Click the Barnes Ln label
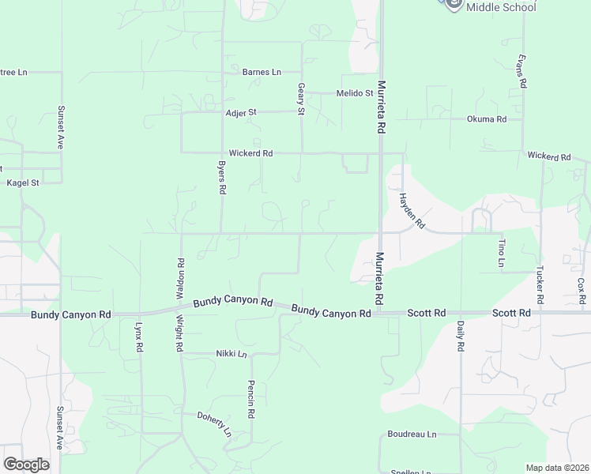262,72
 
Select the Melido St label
354,93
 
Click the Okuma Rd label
486,119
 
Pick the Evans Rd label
521,71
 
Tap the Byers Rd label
222,179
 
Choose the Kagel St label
23,182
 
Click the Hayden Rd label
412,211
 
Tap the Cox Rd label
582,288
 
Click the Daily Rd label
460,336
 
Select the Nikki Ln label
232,354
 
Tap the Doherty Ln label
214,424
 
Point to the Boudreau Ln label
412,434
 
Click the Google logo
27,465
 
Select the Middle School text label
501,7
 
